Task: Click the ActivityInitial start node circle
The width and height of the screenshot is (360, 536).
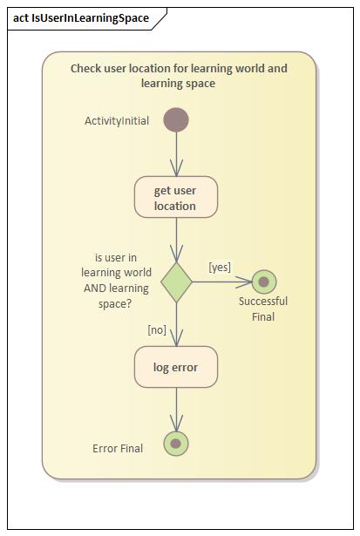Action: click(176, 120)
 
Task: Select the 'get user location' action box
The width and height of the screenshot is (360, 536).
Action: click(176, 198)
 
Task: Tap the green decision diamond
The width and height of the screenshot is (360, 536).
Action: click(176, 282)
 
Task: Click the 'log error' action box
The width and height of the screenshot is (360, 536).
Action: click(176, 367)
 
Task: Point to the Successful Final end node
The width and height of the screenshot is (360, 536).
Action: click(263, 282)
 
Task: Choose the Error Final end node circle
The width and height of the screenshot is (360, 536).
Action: click(176, 444)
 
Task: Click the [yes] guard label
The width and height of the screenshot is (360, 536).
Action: click(220, 268)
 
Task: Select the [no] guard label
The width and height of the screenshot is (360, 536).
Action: click(157, 329)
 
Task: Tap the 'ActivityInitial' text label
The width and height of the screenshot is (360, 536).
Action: click(117, 121)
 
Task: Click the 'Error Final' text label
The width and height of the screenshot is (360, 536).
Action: click(118, 448)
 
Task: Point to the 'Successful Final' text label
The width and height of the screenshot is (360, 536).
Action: click(263, 309)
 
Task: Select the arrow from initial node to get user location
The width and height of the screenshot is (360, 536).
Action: click(176, 154)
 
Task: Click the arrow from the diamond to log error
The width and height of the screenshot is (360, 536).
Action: click(176, 323)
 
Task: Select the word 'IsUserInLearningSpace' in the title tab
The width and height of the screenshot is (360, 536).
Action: click(91, 17)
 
